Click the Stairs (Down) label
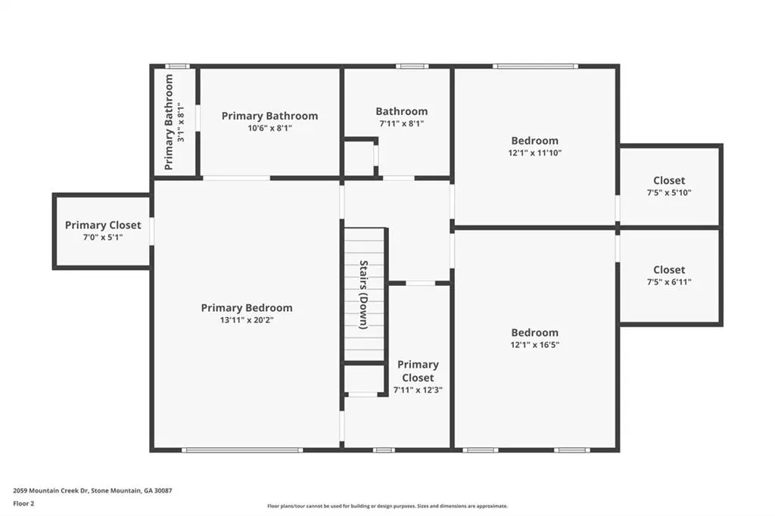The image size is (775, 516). (364, 294)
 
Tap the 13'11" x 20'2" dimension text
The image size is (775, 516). (247, 320)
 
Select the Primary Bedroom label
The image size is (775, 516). (247, 308)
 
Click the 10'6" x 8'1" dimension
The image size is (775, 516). (270, 128)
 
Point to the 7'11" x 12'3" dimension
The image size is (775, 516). (418, 390)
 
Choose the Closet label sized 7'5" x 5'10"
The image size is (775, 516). (669, 180)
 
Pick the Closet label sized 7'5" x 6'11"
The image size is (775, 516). (669, 270)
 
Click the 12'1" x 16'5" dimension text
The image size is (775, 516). (535, 345)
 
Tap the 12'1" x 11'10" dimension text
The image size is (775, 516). (535, 154)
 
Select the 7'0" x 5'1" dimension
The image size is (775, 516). (103, 238)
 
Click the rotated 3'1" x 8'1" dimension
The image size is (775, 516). (181, 122)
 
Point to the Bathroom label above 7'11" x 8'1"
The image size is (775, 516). (401, 111)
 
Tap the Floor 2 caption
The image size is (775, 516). (23, 504)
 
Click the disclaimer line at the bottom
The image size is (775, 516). (387, 506)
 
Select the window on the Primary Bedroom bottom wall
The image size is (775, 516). (242, 449)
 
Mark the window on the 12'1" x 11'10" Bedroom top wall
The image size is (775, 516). (535, 67)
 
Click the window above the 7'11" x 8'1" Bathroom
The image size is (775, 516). (412, 67)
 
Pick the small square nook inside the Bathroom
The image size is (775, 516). (359, 157)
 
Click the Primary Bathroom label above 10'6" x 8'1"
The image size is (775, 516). (270, 117)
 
